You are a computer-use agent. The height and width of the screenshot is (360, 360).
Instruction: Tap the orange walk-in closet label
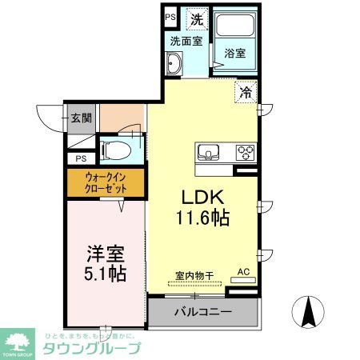[x=106, y=182]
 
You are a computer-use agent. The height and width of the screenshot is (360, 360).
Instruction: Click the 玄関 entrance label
[x=80, y=118]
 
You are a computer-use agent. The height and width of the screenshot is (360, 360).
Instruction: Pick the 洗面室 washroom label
[x=185, y=40]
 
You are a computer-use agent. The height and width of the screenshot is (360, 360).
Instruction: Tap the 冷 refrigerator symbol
[x=245, y=92]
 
